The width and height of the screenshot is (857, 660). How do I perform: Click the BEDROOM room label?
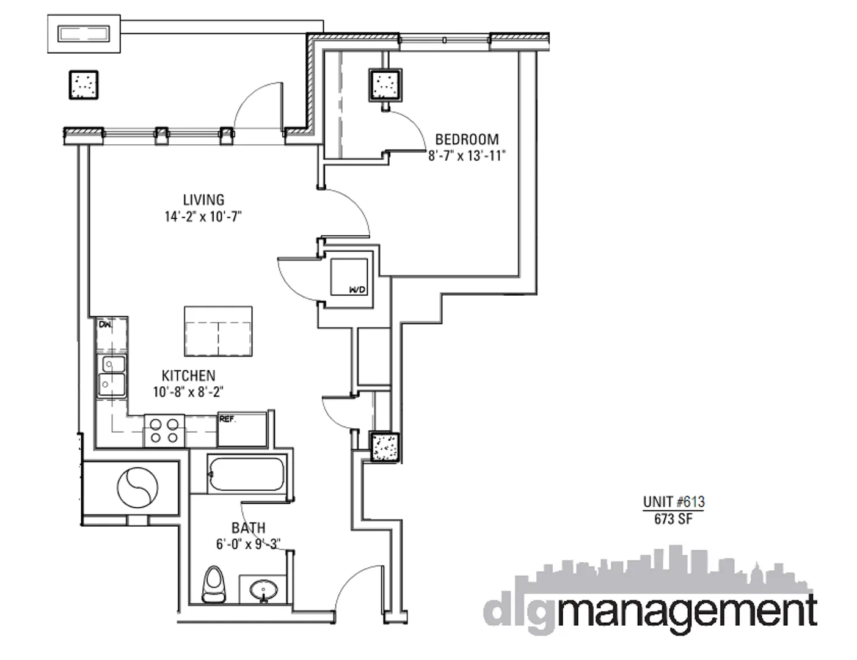[467, 139]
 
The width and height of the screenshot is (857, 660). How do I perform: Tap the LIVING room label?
[203, 200]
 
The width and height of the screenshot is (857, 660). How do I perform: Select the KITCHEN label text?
[188, 375]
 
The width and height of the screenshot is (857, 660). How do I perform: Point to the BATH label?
[248, 527]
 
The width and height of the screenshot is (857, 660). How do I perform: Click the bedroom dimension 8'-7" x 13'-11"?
[467, 156]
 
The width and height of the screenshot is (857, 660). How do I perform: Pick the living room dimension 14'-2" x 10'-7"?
[203, 216]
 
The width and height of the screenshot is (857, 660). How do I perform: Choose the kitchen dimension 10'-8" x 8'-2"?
[188, 392]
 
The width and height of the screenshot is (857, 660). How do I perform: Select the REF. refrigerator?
[243, 431]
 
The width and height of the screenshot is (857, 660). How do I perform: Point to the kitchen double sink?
[112, 375]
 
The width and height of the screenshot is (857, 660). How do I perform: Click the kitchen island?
[218, 331]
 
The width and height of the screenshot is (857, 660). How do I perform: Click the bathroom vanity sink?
[264, 590]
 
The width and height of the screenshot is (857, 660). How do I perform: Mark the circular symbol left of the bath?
[137, 487]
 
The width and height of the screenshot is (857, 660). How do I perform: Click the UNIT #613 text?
[673, 502]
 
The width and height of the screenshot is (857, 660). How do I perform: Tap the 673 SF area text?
[673, 519]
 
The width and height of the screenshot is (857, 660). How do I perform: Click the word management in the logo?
[687, 611]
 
